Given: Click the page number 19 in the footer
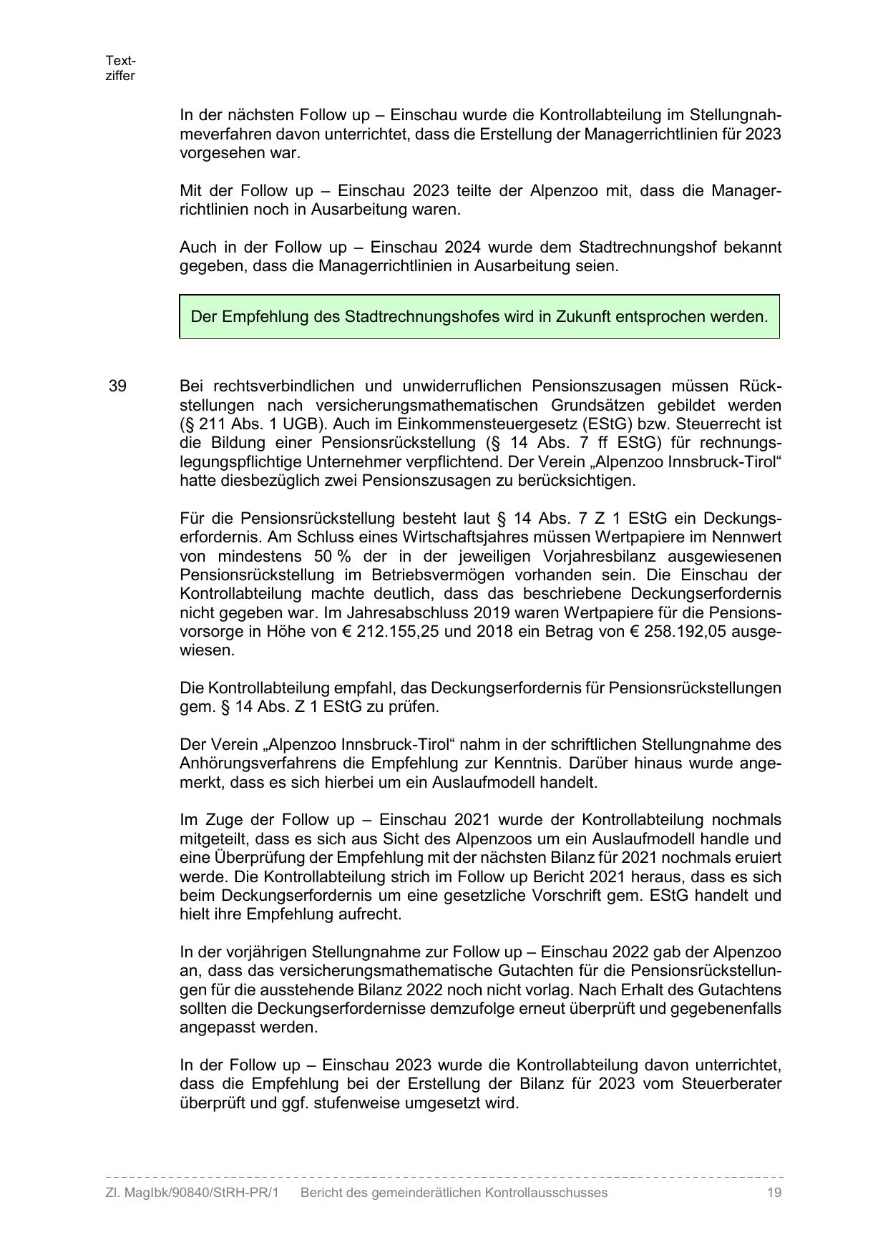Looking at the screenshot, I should pyautogui.click(x=774, y=1193).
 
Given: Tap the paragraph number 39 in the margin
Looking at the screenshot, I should pyautogui.click(x=117, y=386).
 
